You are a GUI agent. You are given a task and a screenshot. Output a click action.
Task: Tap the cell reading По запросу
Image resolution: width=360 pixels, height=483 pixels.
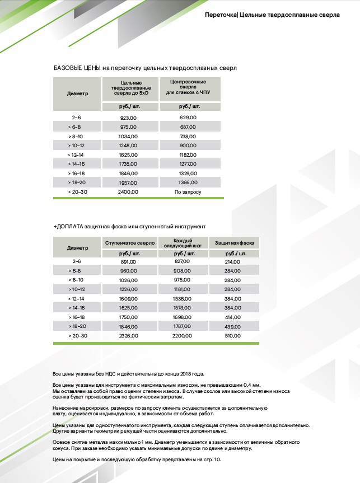pyautogui.click(x=188, y=191)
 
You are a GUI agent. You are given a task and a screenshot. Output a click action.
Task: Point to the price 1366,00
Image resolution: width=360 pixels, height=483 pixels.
pyautogui.click(x=188, y=182)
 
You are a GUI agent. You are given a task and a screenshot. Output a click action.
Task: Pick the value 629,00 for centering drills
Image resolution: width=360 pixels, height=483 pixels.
pyautogui.click(x=188, y=118)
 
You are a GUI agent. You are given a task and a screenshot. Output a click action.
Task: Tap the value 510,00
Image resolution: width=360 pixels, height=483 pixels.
pyautogui.click(x=232, y=336)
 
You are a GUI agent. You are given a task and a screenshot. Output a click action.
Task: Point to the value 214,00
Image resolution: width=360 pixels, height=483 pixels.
pyautogui.click(x=232, y=261)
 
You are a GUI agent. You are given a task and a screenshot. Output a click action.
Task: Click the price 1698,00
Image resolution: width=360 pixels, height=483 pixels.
pyautogui.click(x=179, y=317)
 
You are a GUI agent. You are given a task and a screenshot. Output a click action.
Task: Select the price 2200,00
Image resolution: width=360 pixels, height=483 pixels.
pyautogui.click(x=179, y=336)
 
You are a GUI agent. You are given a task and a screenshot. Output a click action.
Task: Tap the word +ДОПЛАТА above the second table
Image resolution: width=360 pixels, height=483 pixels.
pyautogui.click(x=68, y=227)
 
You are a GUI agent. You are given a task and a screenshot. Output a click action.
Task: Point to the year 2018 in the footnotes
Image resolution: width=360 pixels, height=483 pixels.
pyautogui.click(x=180, y=373)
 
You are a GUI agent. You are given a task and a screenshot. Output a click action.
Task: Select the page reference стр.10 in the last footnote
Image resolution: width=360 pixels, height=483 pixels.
pyautogui.click(x=213, y=459)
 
